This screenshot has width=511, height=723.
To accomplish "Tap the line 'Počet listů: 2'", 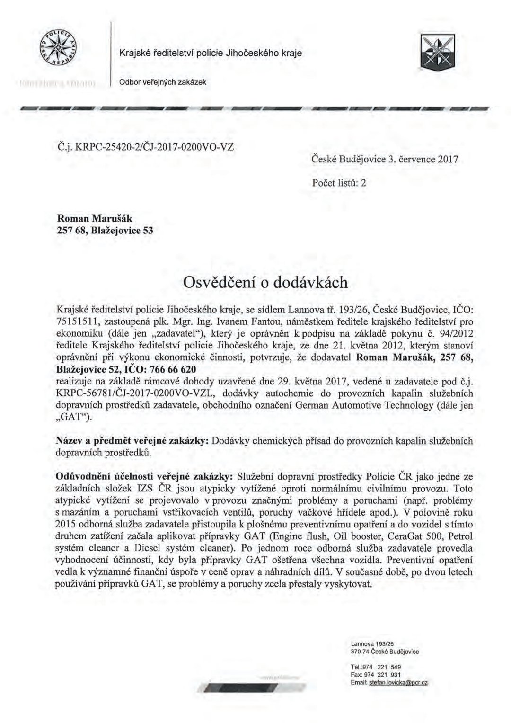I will pos(339,183).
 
